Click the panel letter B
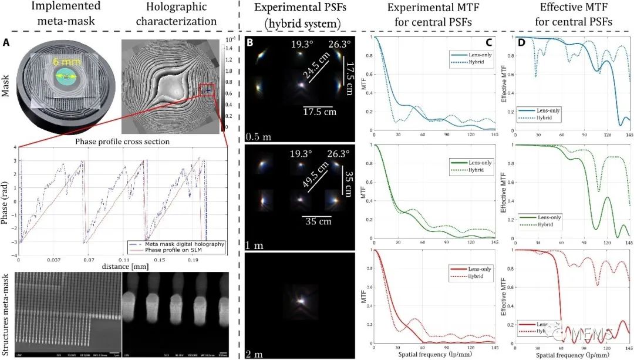(x=249, y=43)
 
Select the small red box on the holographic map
(x=206, y=90)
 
